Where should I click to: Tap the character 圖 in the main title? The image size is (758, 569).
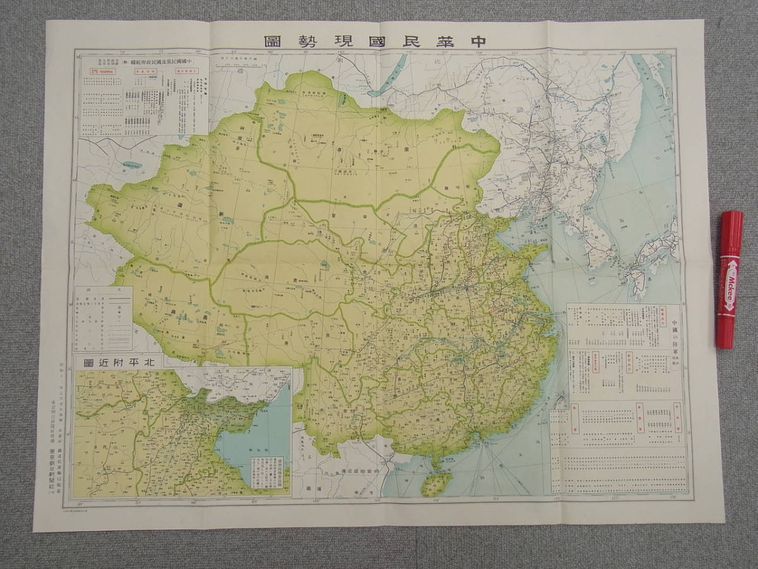coord(272,41)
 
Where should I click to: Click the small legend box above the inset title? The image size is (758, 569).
coord(104,318)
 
